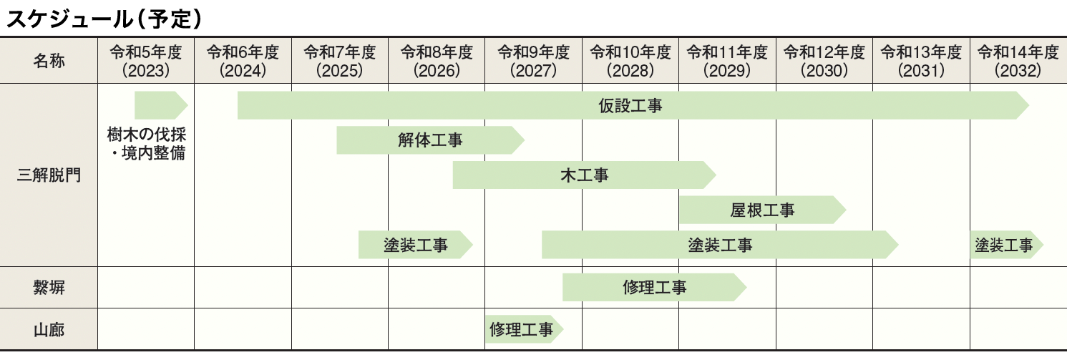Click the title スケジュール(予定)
click(x=104, y=19)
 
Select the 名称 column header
click(x=49, y=61)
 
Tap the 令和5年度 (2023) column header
click(x=146, y=61)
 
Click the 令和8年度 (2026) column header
click(x=437, y=61)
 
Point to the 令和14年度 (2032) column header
click(x=1018, y=61)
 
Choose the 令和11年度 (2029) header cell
click(x=727, y=61)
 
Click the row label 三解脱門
click(x=49, y=175)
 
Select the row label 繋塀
click(x=49, y=288)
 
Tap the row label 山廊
click(x=49, y=329)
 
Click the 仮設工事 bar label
click(x=630, y=105)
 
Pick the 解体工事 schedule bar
click(x=430, y=140)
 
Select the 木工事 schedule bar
click(x=584, y=175)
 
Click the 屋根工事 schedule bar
click(x=762, y=210)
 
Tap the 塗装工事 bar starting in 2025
click(x=415, y=245)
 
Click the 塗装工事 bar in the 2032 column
click(x=1006, y=245)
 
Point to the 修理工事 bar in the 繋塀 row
click(x=654, y=287)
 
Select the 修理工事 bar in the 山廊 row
click(x=524, y=329)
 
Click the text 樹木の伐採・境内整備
click(x=146, y=143)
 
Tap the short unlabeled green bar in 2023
click(x=161, y=105)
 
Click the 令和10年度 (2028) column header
click(x=630, y=61)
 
